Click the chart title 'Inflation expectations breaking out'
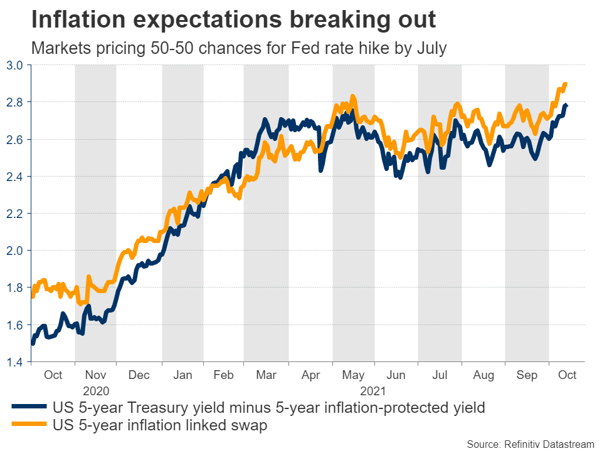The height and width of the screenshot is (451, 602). (x=233, y=20)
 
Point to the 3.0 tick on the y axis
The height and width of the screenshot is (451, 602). (x=15, y=65)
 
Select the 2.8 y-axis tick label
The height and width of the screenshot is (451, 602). (x=15, y=102)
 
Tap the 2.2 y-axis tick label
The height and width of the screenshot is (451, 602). (x=15, y=214)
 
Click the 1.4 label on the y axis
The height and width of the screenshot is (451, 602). (x=15, y=362)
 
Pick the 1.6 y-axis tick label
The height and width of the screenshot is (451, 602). (x=15, y=325)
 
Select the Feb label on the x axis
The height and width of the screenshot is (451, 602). (x=224, y=375)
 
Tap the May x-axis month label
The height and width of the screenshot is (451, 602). (x=354, y=375)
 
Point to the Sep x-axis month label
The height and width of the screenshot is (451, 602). (x=527, y=375)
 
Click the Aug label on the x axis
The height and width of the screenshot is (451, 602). (x=483, y=375)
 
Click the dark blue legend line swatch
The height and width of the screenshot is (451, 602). (x=28, y=408)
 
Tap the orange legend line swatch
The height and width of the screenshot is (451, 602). (x=28, y=425)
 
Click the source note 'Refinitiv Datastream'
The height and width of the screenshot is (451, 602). (x=522, y=443)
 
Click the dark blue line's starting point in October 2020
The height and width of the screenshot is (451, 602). (x=33, y=343)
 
